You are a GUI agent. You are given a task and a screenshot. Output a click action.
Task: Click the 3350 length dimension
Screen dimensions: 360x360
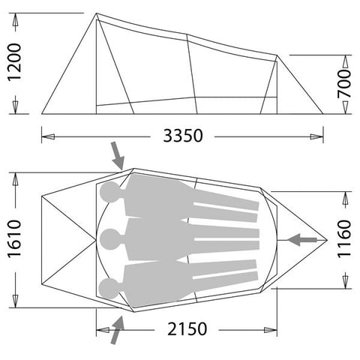181,136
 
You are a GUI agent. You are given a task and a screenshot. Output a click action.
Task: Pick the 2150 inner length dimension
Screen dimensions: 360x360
184,328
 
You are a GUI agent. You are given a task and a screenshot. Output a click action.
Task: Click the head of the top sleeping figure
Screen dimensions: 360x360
110,193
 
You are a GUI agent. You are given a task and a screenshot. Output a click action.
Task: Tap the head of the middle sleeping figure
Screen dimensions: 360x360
110,239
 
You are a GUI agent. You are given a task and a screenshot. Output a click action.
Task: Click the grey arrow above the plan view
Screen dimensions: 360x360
117,156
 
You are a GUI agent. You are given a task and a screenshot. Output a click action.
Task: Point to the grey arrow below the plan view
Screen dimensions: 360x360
116,330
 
